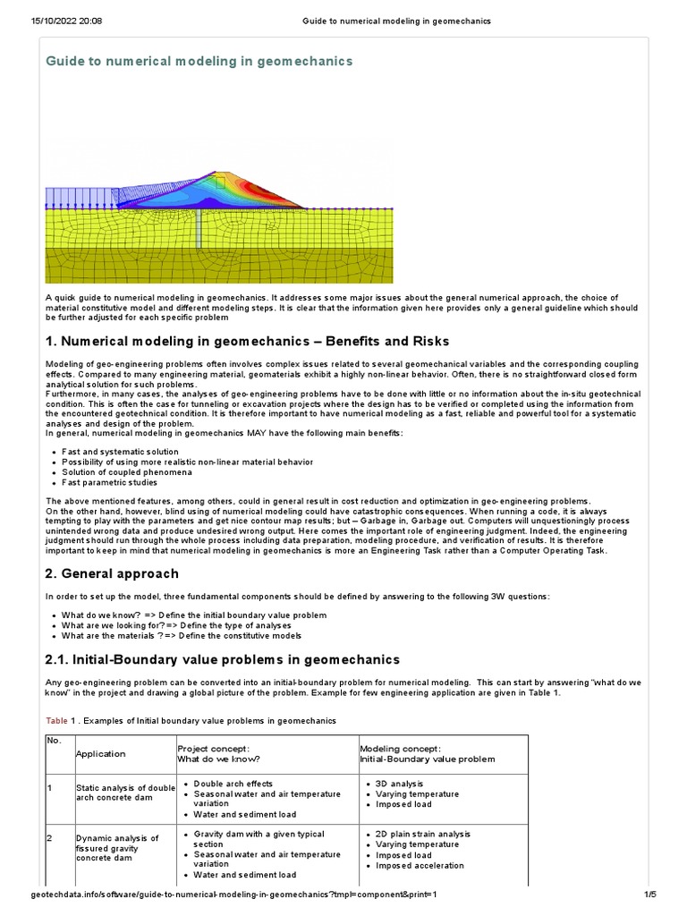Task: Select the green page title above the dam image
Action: pos(199,61)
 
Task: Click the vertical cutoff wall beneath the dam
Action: pos(199,228)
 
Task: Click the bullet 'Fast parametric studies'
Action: pos(109,482)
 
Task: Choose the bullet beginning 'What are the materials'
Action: pos(182,636)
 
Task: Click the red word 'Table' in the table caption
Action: pos(55,720)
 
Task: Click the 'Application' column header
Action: pos(100,754)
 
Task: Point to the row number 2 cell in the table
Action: pos(52,838)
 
